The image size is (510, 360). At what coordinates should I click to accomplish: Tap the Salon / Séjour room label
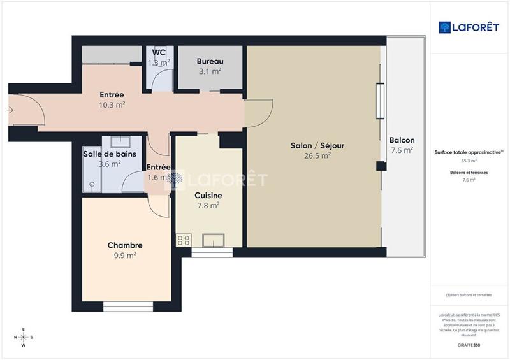point(317,146)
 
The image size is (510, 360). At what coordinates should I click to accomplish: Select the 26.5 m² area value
point(317,155)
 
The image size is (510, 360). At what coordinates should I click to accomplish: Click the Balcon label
point(402,141)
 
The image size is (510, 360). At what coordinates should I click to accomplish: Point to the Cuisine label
point(208,196)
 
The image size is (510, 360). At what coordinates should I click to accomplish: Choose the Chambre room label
point(124,245)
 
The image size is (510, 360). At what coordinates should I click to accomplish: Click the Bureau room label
point(209,62)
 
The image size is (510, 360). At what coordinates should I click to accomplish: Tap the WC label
point(159,53)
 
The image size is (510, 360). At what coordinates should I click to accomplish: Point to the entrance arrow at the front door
point(10,110)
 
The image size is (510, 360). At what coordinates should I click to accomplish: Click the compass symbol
point(24,338)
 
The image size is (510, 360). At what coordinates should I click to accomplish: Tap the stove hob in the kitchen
point(184,240)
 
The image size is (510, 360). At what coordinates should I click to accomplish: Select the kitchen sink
point(212,240)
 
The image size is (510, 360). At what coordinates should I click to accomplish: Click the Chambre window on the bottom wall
point(128,307)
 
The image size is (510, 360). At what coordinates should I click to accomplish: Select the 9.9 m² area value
point(124,255)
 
